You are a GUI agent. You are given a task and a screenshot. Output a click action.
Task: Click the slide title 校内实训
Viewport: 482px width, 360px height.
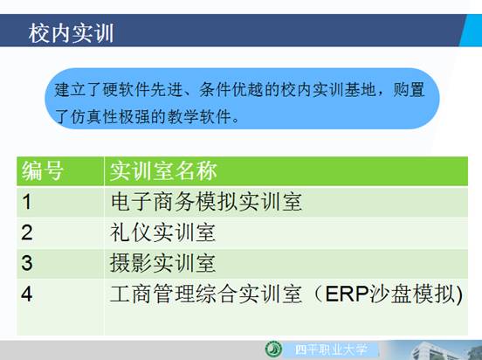click(x=71, y=33)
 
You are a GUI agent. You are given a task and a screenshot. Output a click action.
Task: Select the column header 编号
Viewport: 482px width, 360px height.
click(x=43, y=170)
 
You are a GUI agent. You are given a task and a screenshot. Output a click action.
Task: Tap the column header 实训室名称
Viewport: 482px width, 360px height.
click(x=163, y=170)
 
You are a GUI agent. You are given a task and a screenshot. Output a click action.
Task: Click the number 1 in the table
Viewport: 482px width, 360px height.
click(x=27, y=202)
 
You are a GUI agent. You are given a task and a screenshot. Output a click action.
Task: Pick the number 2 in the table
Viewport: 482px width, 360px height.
click(x=27, y=232)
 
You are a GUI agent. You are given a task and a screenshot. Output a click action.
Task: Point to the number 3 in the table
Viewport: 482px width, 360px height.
click(x=27, y=263)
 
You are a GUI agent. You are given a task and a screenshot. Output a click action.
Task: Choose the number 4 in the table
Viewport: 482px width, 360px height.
click(x=27, y=294)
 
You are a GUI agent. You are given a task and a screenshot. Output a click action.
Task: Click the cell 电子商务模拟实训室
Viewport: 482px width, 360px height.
click(x=206, y=202)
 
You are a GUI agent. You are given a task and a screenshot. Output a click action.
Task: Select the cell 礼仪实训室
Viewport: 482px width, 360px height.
click(x=163, y=232)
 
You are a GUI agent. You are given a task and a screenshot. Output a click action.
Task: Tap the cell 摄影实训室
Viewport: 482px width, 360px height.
click(x=163, y=263)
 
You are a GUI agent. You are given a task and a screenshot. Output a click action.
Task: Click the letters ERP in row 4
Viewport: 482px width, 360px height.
click(x=347, y=294)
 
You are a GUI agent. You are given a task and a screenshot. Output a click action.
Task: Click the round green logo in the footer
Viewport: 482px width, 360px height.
click(x=273, y=350)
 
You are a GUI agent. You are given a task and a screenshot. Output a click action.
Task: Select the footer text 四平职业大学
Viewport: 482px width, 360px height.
click(x=331, y=350)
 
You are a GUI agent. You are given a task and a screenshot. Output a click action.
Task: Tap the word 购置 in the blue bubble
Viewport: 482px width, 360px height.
click(x=410, y=90)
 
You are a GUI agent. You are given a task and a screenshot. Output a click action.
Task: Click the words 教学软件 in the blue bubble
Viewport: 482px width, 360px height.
click(x=199, y=117)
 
